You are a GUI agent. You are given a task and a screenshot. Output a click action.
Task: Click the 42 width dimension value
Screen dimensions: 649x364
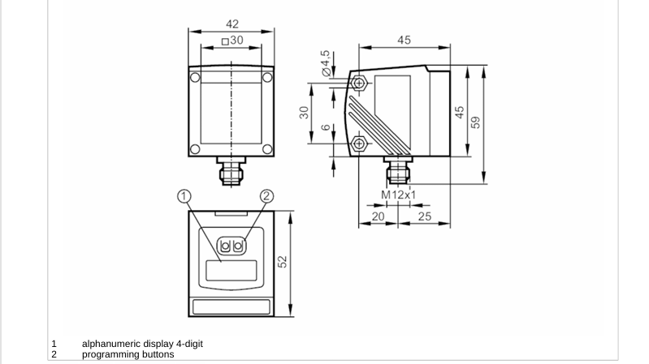pyautogui.click(x=232, y=24)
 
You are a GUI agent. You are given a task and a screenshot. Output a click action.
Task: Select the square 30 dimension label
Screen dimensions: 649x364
pyautogui.click(x=232, y=40)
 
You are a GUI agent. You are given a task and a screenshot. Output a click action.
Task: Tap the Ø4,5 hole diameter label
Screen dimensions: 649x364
pyautogui.click(x=327, y=63)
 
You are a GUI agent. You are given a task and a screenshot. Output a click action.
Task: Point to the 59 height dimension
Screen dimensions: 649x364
pyautogui.click(x=475, y=122)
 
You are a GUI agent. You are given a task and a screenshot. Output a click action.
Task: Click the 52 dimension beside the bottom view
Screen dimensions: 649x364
pyautogui.click(x=282, y=262)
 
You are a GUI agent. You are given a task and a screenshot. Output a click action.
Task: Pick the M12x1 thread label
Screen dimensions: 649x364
pyautogui.click(x=398, y=195)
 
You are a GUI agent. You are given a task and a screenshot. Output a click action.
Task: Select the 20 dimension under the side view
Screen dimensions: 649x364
pyautogui.click(x=378, y=216)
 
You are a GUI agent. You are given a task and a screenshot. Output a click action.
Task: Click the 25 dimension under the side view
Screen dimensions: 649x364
pyautogui.click(x=425, y=216)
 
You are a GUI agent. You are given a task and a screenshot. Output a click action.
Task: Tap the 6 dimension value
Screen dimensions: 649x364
pyautogui.click(x=327, y=126)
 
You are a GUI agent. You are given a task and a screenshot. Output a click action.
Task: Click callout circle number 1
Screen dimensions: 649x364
pyautogui.click(x=184, y=196)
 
